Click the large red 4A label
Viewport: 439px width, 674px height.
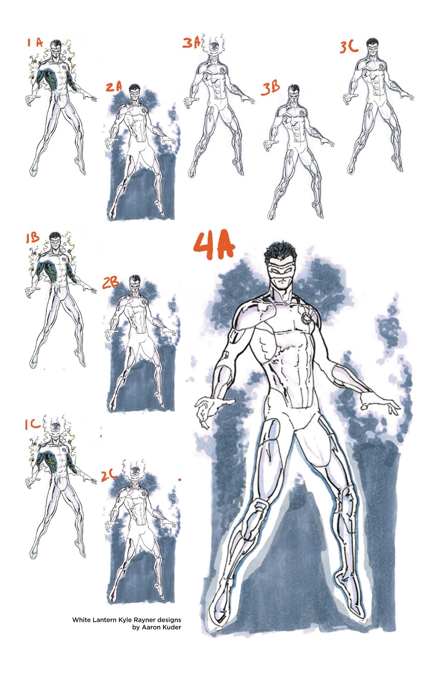[215, 246]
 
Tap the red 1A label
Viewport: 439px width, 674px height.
[35, 42]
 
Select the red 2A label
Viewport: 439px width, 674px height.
[114, 87]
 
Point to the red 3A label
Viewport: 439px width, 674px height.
[191, 43]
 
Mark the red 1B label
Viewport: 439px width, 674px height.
[33, 238]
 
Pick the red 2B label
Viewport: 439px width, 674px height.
[110, 283]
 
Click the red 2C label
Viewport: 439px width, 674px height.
[109, 475]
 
